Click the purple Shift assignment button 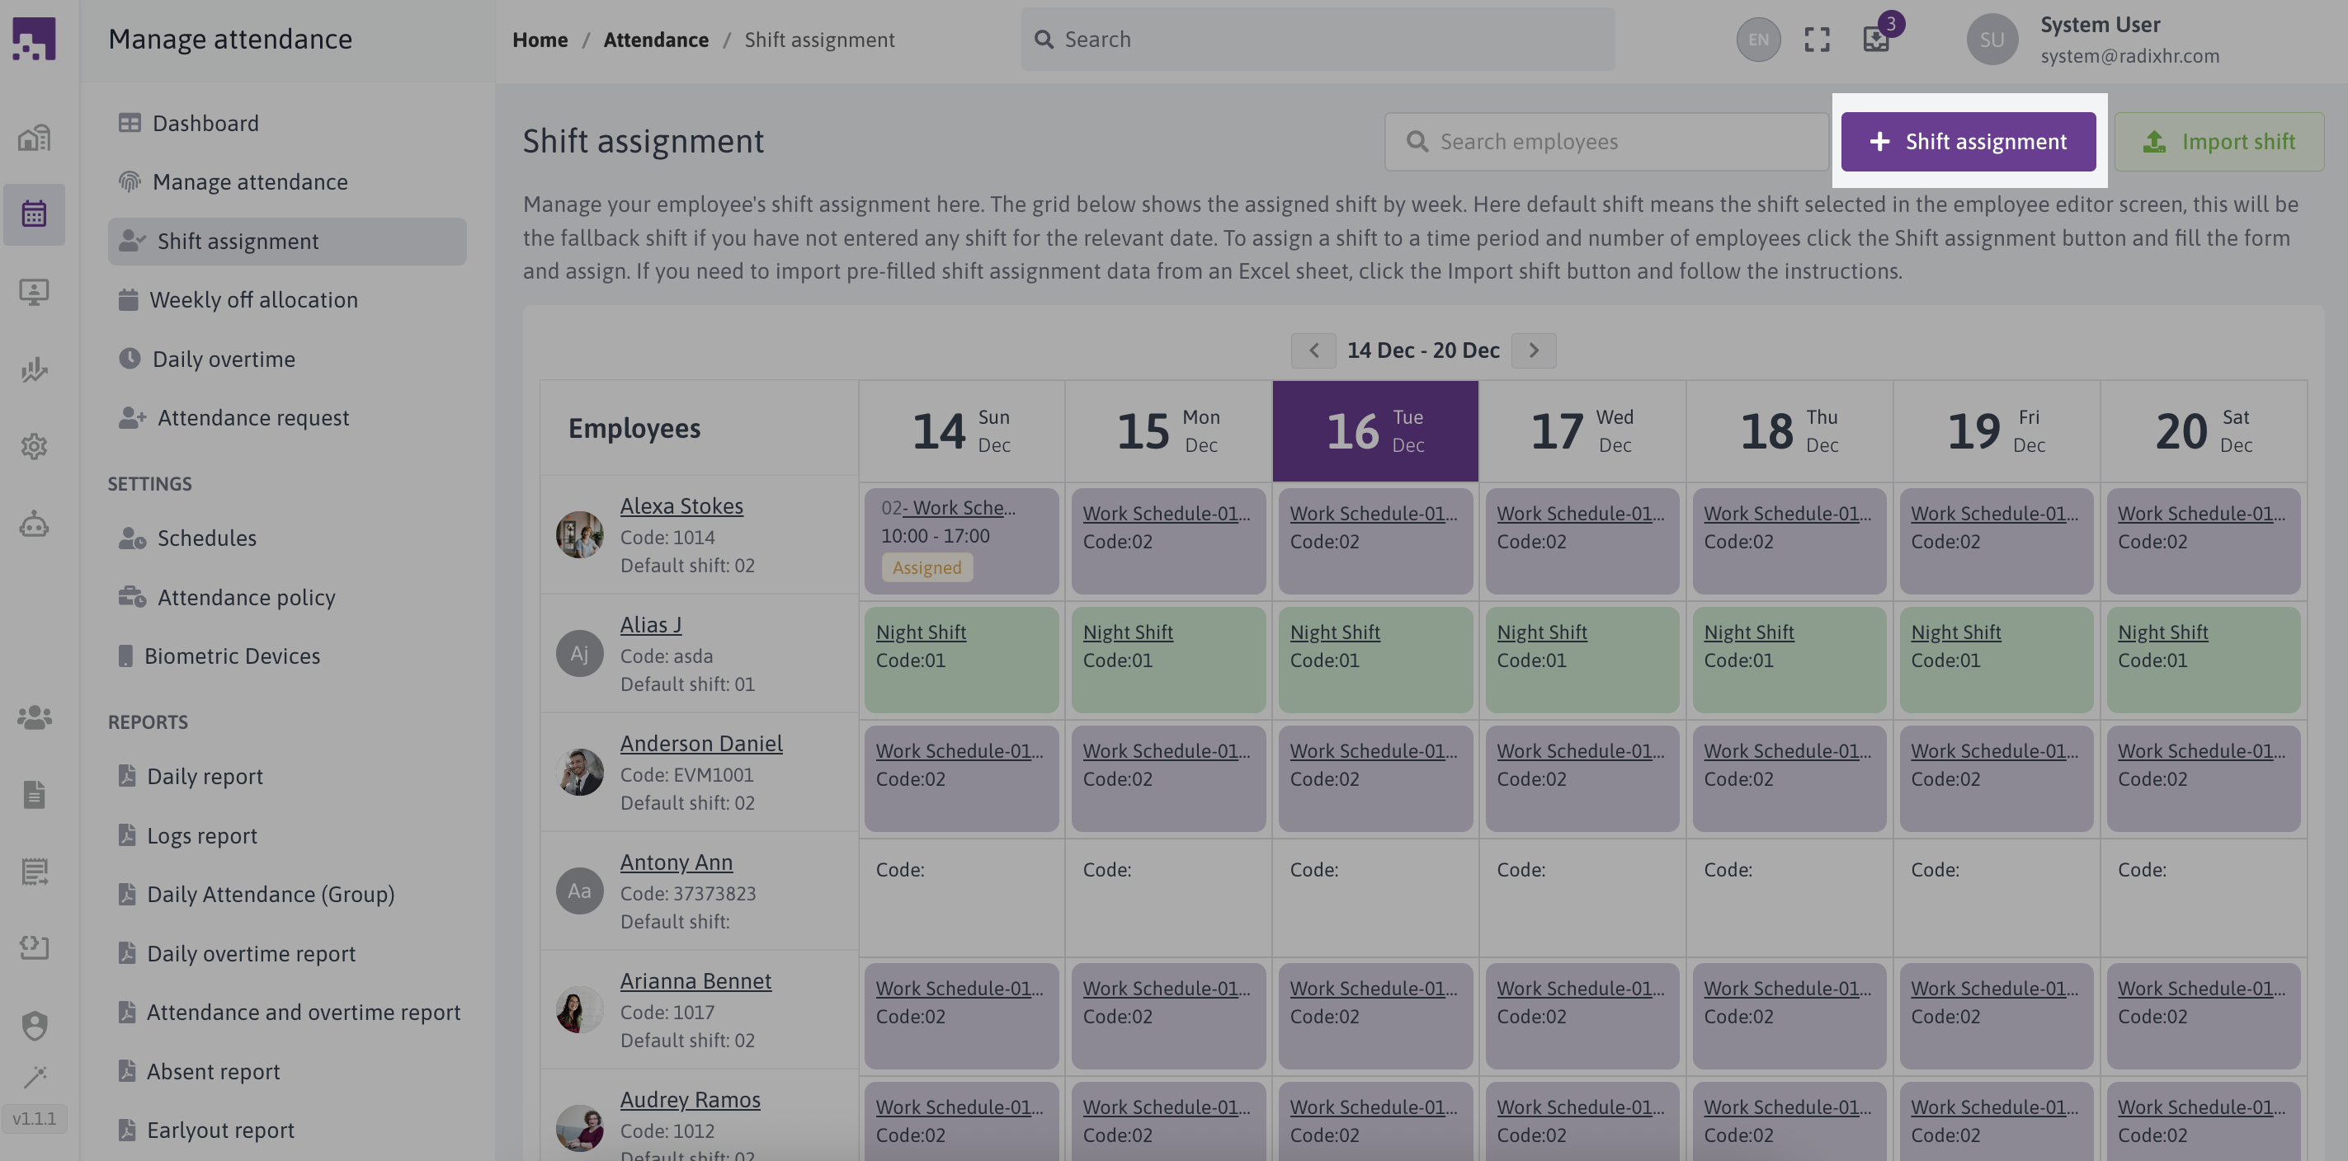(1967, 141)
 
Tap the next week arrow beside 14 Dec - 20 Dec (1533, 350)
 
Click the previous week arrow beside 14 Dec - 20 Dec (1313, 350)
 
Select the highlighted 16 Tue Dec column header (1374, 430)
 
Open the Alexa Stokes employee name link (681, 505)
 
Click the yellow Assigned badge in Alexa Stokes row (926, 566)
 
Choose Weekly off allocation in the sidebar (252, 300)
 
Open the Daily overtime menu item (224, 359)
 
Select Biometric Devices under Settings (232, 656)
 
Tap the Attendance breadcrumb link (655, 40)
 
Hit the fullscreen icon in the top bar (1817, 40)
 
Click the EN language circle (1757, 40)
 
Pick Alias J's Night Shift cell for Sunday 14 (960, 659)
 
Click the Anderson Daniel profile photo (580, 772)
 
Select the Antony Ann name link (676, 863)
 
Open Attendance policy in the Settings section (246, 597)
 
